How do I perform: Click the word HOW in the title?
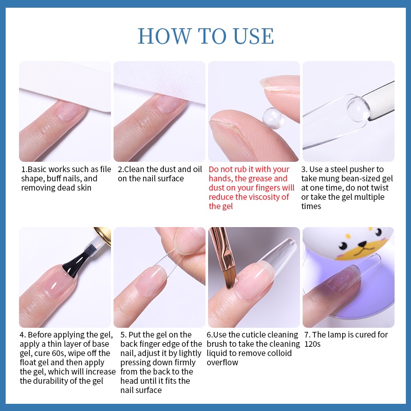click(x=165, y=36)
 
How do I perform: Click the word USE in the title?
click(x=253, y=36)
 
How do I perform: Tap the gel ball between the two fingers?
click(x=273, y=118)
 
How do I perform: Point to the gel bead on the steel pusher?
click(x=358, y=108)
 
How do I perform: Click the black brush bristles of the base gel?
click(x=74, y=261)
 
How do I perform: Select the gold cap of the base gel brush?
click(x=103, y=235)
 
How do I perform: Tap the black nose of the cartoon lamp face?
click(x=363, y=245)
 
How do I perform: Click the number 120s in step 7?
click(x=312, y=344)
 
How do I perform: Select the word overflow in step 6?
click(x=222, y=363)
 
